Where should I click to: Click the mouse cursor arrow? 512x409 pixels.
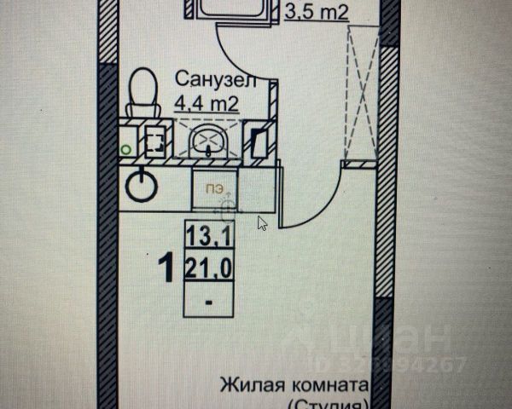point(263,222)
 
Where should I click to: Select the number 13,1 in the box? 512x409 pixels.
point(207,233)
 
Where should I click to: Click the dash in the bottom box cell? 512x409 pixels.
point(207,302)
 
